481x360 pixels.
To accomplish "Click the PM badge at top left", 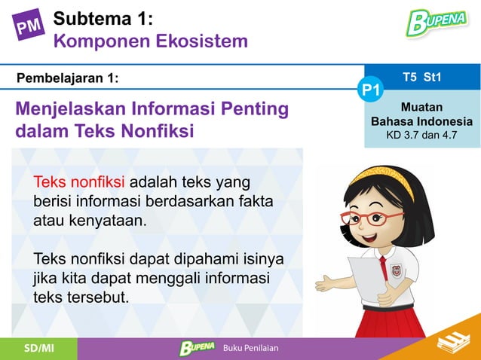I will (29, 27).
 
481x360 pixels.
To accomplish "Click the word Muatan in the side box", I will (421, 108).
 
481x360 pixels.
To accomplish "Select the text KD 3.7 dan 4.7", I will (421, 136).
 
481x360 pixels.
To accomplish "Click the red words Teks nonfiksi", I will (80, 183).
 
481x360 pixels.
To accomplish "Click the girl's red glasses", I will (372, 217).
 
